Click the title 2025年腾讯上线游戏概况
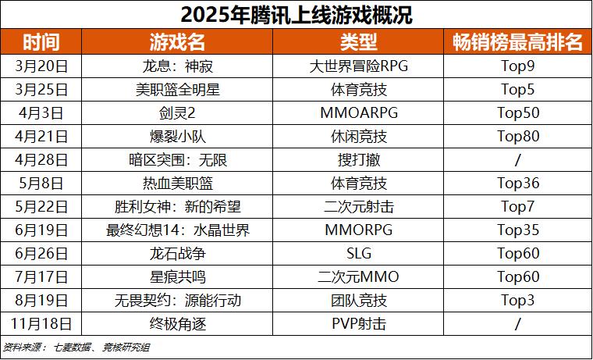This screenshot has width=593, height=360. [296, 15]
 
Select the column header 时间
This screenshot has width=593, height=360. [41, 42]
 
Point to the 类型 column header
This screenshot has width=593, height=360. [359, 42]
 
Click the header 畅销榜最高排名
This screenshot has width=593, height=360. [518, 42]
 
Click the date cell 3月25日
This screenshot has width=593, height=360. [41, 89]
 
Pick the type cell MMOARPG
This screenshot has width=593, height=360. [359, 112]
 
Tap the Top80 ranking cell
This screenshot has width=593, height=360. [518, 136]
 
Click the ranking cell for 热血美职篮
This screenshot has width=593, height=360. [518, 184]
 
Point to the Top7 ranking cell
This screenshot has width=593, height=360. [518, 207]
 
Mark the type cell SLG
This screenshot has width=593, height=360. [359, 254]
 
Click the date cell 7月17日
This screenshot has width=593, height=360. [41, 277]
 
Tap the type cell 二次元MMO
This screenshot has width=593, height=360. [359, 277]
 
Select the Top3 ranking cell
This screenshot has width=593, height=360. [518, 301]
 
